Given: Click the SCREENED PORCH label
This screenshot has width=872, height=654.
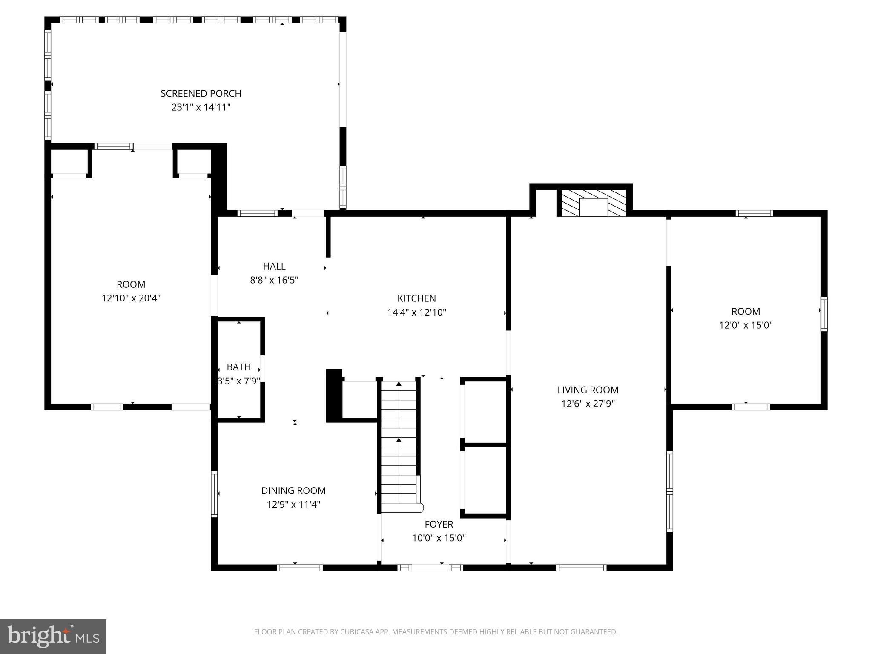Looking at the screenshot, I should click(201, 93).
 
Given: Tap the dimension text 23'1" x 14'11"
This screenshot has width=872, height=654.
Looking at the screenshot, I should click(201, 107).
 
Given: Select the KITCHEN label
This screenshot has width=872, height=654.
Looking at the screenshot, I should click(416, 298).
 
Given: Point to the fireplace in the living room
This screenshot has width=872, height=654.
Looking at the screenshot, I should click(594, 203).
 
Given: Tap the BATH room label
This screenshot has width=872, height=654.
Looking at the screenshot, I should click(238, 367).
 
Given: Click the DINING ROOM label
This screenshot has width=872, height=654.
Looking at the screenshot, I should click(293, 490).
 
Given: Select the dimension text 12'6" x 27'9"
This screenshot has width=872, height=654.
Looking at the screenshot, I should click(588, 404).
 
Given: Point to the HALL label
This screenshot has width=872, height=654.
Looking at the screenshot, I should click(274, 266).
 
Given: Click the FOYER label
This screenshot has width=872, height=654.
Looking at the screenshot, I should click(439, 524).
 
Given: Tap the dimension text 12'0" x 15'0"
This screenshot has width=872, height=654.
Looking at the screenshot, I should click(746, 325).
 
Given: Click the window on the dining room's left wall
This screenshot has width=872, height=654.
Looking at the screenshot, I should click(214, 494).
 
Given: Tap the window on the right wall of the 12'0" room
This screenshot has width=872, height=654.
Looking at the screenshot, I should click(824, 314).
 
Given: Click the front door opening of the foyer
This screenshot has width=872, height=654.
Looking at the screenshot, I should click(430, 567).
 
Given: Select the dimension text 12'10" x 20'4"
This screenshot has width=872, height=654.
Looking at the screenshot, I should click(131, 298).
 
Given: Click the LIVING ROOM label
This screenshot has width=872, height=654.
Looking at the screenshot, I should click(588, 390).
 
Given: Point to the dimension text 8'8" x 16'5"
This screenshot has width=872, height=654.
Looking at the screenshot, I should click(274, 280).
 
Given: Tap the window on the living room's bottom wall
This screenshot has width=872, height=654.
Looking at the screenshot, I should click(581, 567).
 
